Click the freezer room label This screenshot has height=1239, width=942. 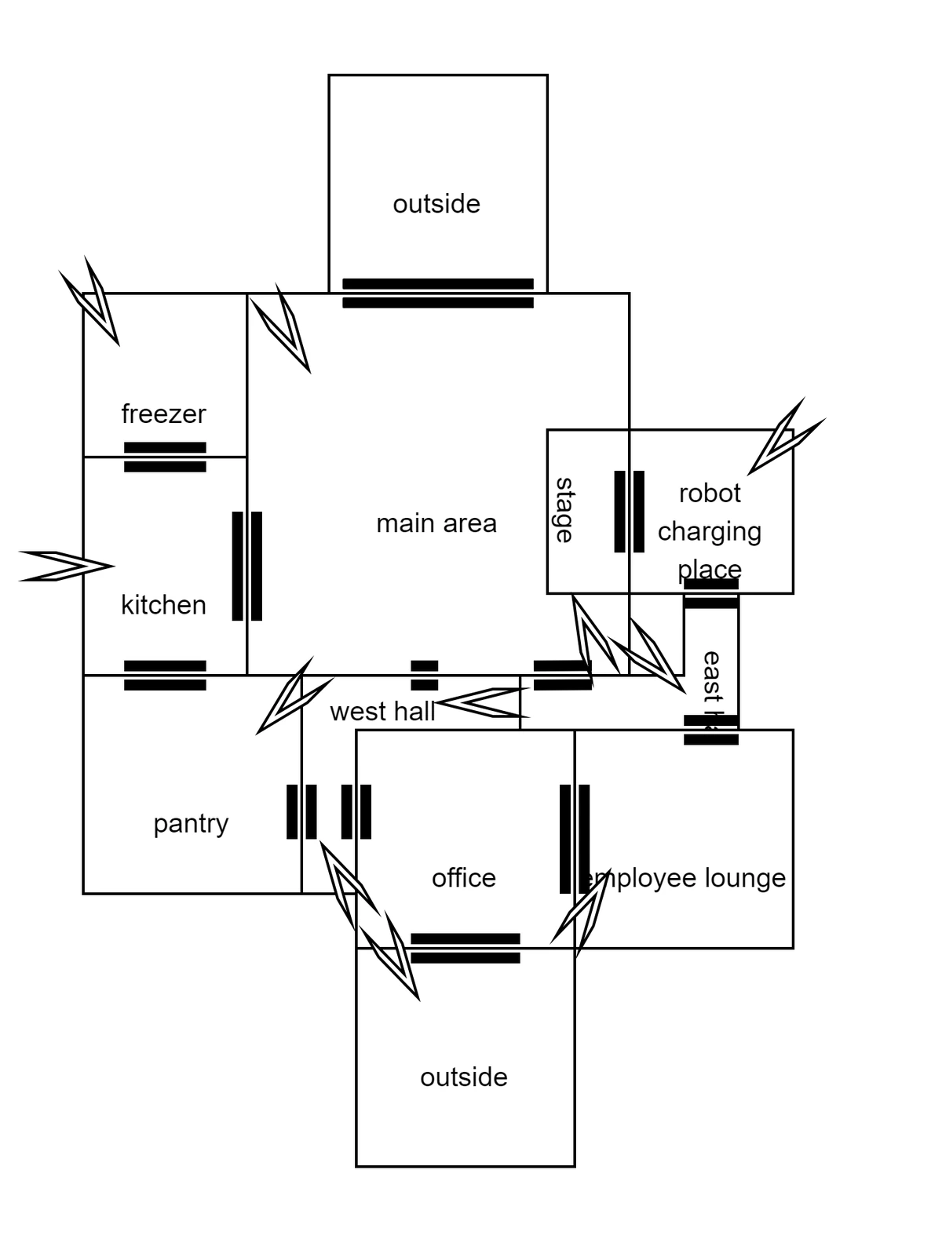[163, 414]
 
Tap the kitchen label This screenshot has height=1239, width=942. [163, 605]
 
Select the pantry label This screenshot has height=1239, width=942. [191, 823]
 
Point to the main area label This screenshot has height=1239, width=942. [436, 523]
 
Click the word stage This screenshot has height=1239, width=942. [564, 510]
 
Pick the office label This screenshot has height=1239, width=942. [464, 877]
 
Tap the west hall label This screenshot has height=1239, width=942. [382, 712]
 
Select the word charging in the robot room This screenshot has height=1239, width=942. [710, 531]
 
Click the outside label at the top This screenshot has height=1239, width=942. [436, 204]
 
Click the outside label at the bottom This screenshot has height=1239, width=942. [464, 1077]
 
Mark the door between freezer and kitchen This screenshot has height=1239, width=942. [165, 457]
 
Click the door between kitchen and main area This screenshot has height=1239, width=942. [247, 566]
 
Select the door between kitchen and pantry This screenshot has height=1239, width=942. [165, 675]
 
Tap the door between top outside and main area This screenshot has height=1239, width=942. [438, 293]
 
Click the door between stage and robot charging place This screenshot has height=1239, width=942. [629, 511]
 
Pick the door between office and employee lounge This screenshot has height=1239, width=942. [575, 838]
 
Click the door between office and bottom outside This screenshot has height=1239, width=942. [466, 948]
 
